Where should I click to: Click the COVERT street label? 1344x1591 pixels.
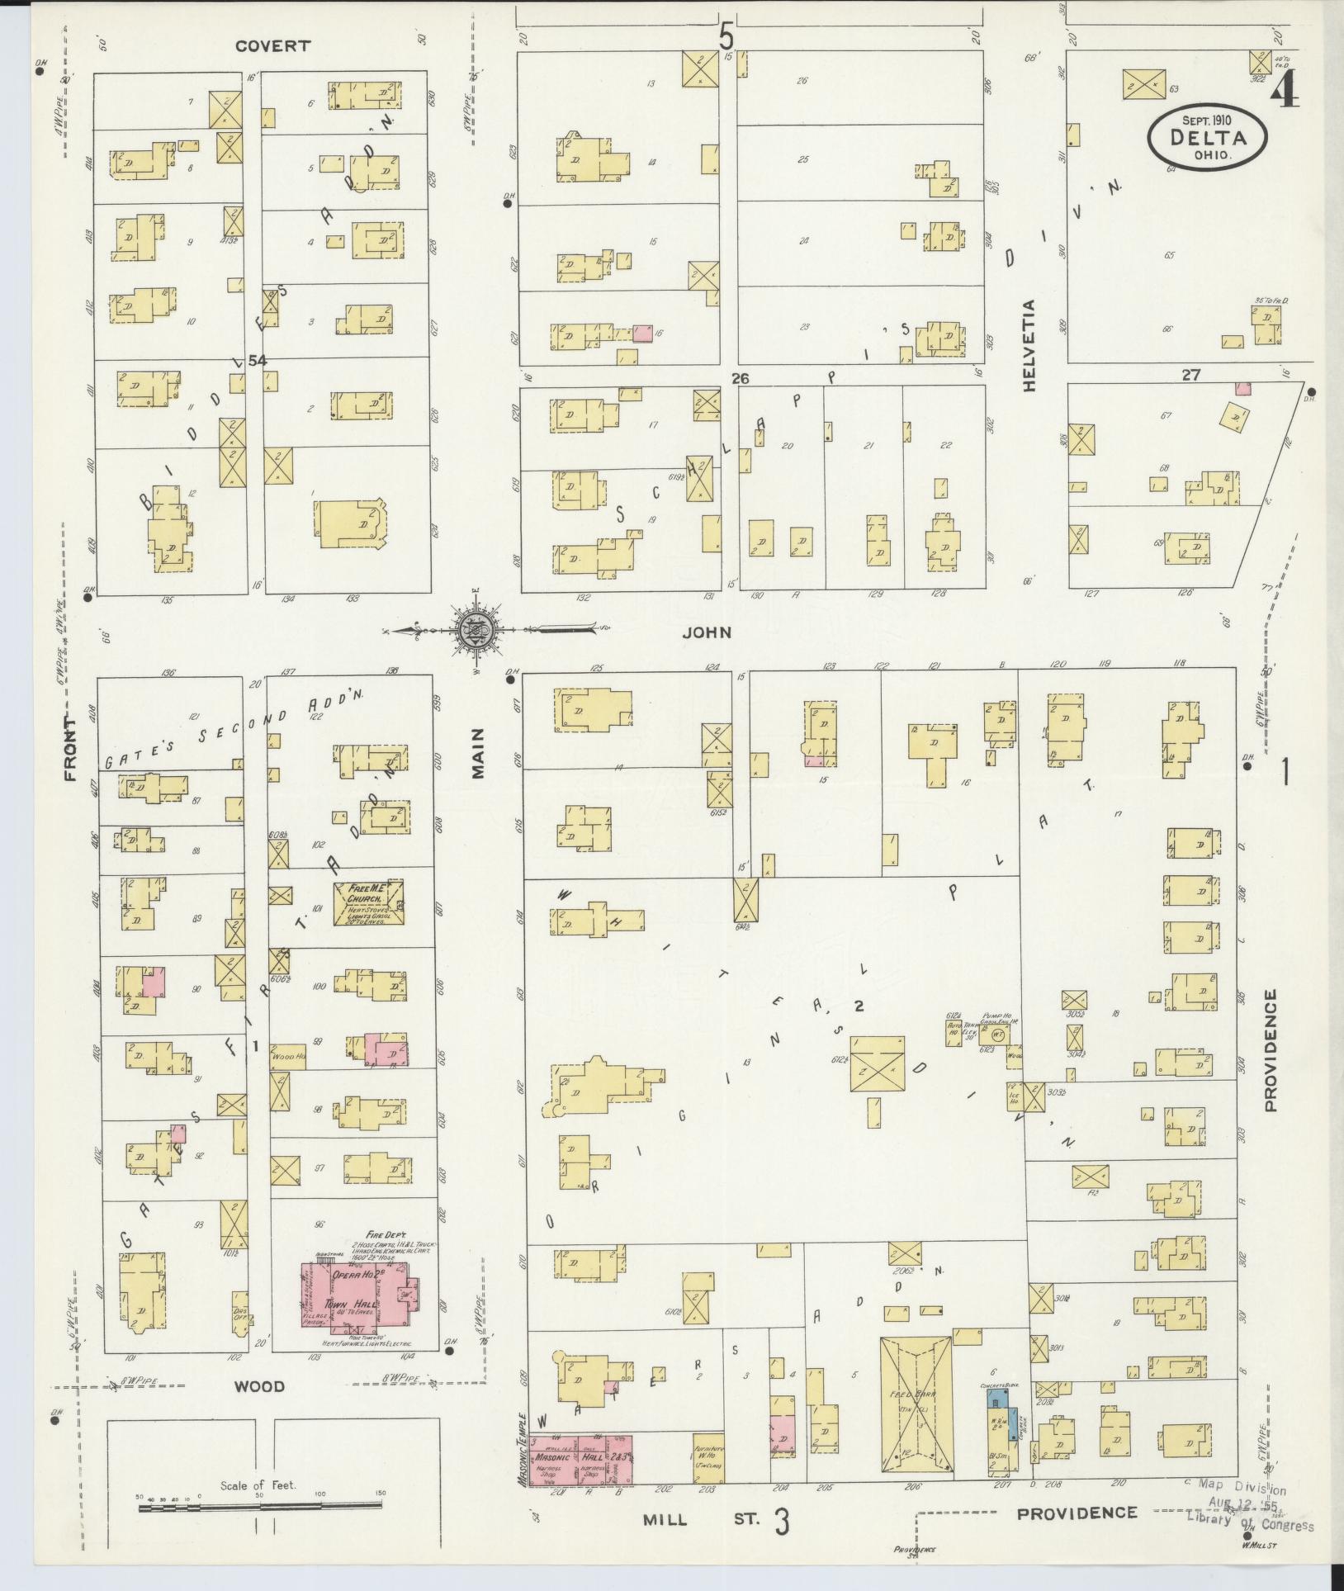coord(272,46)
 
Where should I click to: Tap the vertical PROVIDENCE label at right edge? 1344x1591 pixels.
coord(1270,1050)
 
